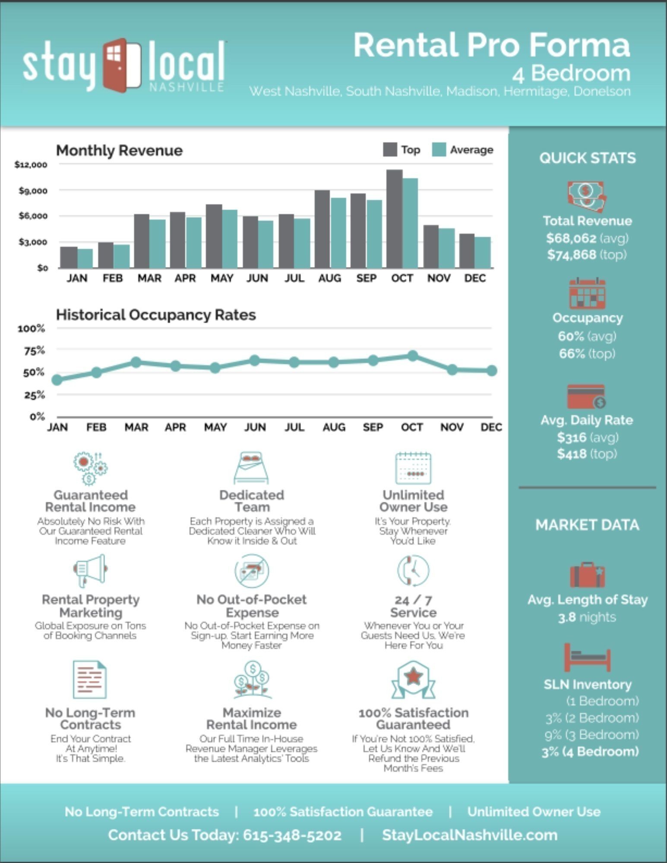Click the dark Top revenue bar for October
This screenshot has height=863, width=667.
(x=394, y=219)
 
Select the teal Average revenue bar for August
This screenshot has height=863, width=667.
(x=338, y=233)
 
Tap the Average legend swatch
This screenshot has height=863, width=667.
(x=439, y=150)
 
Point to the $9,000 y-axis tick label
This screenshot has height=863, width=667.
(x=33, y=191)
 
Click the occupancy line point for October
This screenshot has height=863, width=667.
(x=413, y=356)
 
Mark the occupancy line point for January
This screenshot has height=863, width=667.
(x=57, y=380)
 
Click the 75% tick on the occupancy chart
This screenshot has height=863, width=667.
(x=34, y=350)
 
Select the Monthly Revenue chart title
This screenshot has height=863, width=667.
(x=119, y=150)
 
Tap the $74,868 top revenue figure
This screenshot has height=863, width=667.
(x=571, y=255)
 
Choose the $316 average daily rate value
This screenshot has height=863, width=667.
(x=572, y=438)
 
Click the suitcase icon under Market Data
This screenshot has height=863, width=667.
(x=587, y=574)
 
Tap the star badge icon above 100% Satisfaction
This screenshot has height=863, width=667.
(x=413, y=680)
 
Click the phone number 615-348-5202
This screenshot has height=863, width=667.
(x=292, y=835)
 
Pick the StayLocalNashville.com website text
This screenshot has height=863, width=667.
(x=470, y=835)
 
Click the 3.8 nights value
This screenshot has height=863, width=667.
(x=587, y=617)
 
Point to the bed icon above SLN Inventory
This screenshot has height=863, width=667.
(x=587, y=658)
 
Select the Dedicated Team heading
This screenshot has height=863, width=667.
(x=252, y=501)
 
